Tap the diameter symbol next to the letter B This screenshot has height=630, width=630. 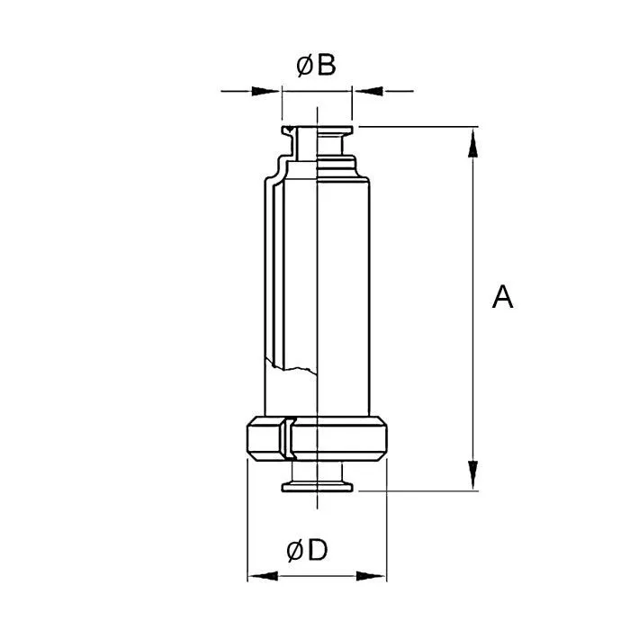coord(304,66)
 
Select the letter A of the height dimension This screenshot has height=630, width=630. coord(502,297)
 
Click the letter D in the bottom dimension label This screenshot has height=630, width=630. coord(318,551)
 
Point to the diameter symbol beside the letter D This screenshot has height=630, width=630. coord(296,551)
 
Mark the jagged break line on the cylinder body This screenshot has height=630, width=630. coord(290,364)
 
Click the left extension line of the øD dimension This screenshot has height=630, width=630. coord(247,522)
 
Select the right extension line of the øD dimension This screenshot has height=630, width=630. coord(388,522)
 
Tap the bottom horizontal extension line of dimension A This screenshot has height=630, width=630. coord(423,490)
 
